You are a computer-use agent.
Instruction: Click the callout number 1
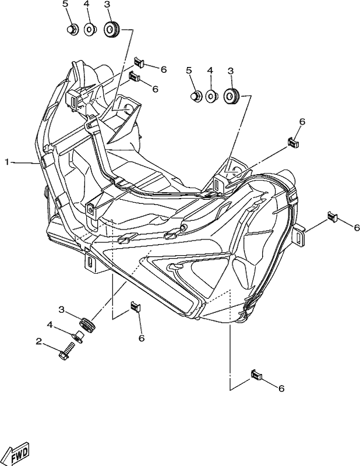7,162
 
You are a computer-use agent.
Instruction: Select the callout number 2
38,342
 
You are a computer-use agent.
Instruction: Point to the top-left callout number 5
65,4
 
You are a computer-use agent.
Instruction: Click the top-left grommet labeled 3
112,29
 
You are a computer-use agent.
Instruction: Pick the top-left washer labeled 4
89,30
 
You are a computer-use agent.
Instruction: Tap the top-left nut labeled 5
72,30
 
